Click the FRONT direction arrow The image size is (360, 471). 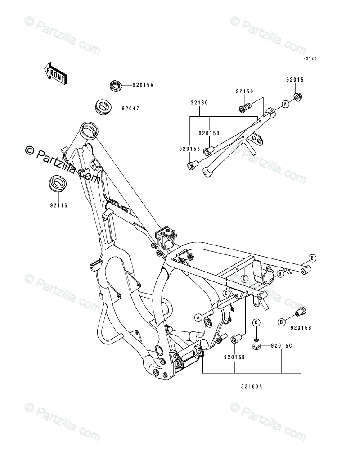pyautogui.click(x=55, y=72)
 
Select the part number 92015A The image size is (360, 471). pyautogui.click(x=131, y=85)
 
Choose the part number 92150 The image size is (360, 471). pyautogui.click(x=244, y=91)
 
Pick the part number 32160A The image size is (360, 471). pyautogui.click(x=252, y=385)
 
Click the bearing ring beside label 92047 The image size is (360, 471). pyautogui.click(x=103, y=108)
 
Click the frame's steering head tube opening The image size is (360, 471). pyautogui.click(x=88, y=131)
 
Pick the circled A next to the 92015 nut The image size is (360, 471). pyautogui.click(x=285, y=104)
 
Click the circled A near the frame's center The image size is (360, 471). pyautogui.click(x=197, y=317)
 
